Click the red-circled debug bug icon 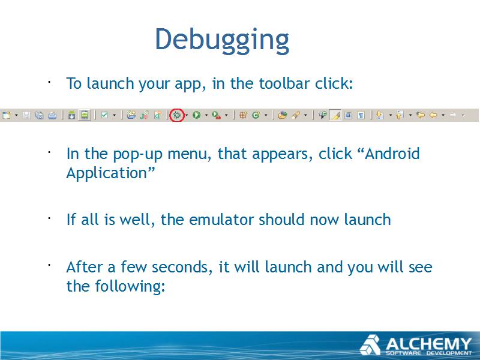pyautogui.click(x=177, y=115)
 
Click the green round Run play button pyautogui.click(x=197, y=115)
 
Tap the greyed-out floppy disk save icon pyautogui.click(x=26, y=115)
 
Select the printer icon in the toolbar pyautogui.click(x=52, y=115)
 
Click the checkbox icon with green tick pyautogui.click(x=104, y=115)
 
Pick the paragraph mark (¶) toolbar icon pyautogui.click(x=361, y=115)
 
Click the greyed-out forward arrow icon pyautogui.click(x=453, y=115)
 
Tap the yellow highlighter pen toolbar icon pyautogui.click(x=335, y=115)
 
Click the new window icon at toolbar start pyautogui.click(x=7, y=115)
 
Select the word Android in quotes pyautogui.click(x=392, y=154)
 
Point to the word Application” pyautogui.click(x=110, y=173)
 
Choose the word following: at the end pyautogui.click(x=130, y=287)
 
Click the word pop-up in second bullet pyautogui.click(x=138, y=154)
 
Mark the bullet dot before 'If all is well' pyautogui.click(x=49, y=218)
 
